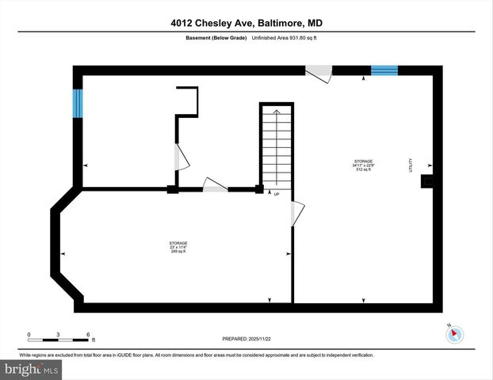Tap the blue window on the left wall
click(78, 103)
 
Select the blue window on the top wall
click(384, 70)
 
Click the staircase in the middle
click(277, 146)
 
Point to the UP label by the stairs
click(276, 193)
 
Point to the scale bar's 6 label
click(86, 334)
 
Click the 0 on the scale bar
click(29, 334)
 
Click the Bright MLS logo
click(32, 369)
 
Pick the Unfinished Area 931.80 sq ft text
click(285, 38)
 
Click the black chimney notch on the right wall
click(427, 181)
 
